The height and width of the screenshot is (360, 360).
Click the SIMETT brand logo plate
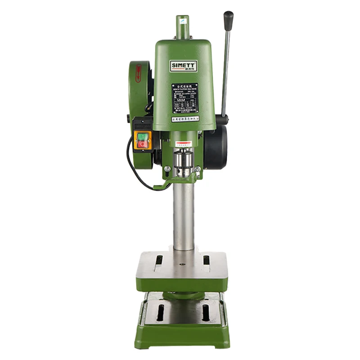[x=184, y=65]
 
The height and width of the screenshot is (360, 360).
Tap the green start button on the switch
[x=143, y=136]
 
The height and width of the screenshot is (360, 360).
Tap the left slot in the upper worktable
[x=159, y=260]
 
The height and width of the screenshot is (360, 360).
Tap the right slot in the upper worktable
[x=206, y=260]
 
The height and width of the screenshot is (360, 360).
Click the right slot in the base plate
[x=206, y=312]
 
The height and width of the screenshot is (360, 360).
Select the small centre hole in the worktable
[x=183, y=264]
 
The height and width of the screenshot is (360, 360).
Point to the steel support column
[x=184, y=216]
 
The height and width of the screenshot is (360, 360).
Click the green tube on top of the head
[x=183, y=27]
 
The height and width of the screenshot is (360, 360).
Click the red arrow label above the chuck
[x=184, y=144]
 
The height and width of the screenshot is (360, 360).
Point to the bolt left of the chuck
[x=167, y=169]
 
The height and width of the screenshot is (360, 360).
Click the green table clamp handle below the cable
[x=162, y=185]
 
